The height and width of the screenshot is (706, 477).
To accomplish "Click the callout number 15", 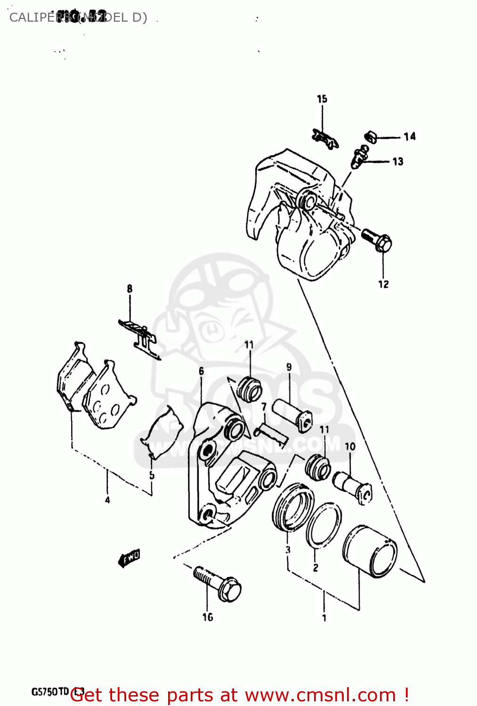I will pyautogui.click(x=322, y=99).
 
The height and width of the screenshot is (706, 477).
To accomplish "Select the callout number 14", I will pyautogui.click(x=410, y=136).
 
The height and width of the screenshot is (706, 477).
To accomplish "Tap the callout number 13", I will pyautogui.click(x=398, y=161).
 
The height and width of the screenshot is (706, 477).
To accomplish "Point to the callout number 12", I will pyautogui.click(x=383, y=284).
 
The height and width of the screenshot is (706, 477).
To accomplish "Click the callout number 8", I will pyautogui.click(x=129, y=289).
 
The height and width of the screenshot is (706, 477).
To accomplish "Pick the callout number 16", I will pyautogui.click(x=208, y=617).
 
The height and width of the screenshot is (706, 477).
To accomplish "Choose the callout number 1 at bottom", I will pyautogui.click(x=324, y=618).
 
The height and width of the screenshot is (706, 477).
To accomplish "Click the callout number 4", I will pyautogui.click(x=107, y=500).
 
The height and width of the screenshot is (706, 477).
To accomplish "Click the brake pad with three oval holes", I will pyautogui.click(x=107, y=397).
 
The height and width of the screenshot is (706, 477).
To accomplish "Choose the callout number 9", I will pyautogui.click(x=289, y=367).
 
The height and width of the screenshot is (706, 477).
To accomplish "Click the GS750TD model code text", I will pyautogui.click(x=50, y=692).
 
